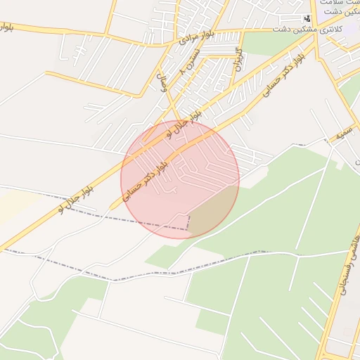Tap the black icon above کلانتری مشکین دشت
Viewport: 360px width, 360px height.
(x=307, y=18)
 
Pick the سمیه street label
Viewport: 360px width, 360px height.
(x=344, y=132)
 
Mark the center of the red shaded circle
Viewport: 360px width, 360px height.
(x=180, y=179)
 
